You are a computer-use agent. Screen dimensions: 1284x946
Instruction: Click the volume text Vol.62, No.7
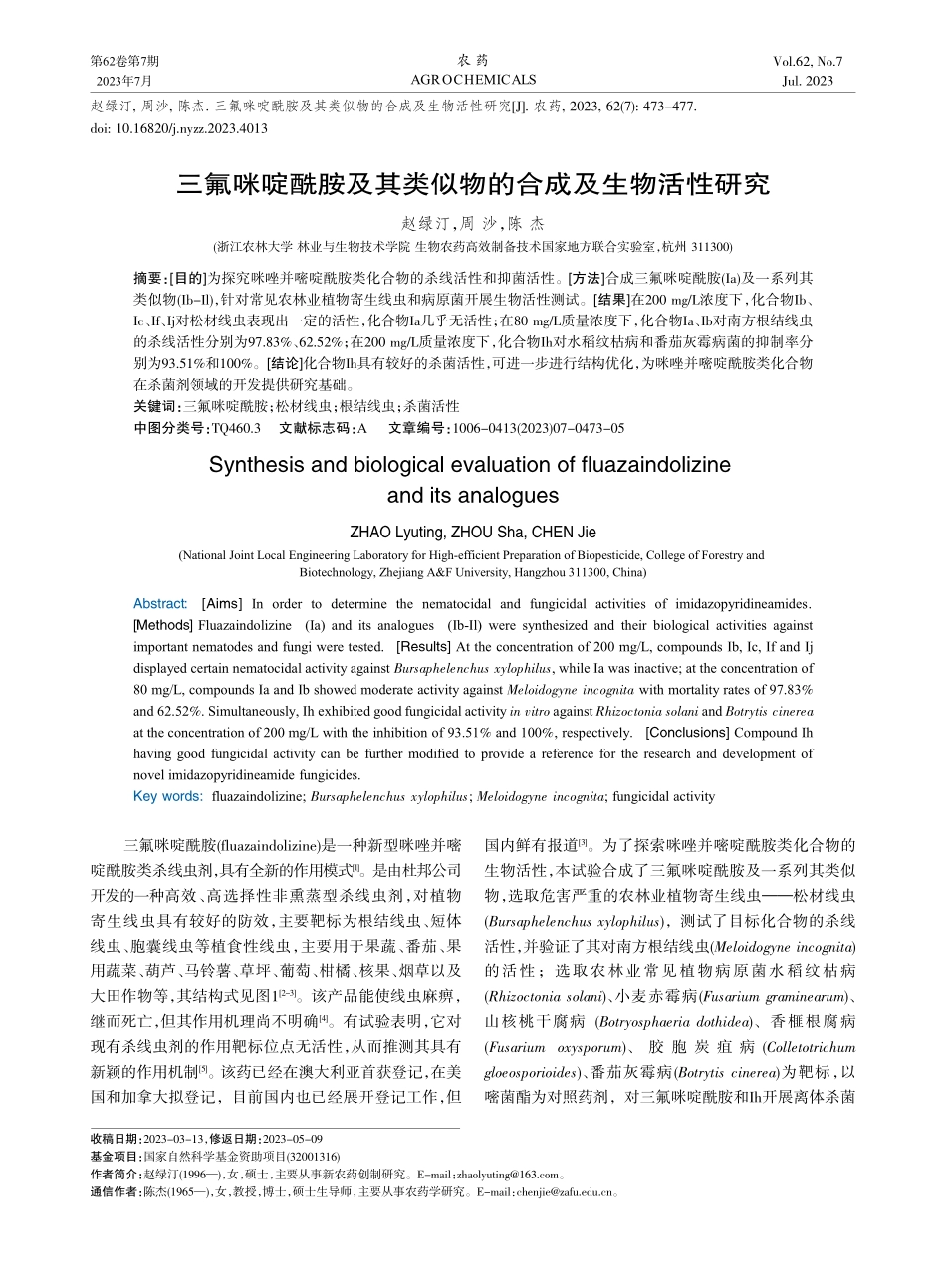click(x=808, y=62)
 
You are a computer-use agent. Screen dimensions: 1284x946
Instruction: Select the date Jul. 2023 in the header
click(x=808, y=81)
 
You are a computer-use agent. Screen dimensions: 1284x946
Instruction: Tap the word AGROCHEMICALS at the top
click(x=473, y=80)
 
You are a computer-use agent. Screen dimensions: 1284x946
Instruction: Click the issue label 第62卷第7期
click(x=124, y=62)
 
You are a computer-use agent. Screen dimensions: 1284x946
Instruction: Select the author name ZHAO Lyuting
click(x=397, y=532)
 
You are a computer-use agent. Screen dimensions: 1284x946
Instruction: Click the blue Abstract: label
click(x=159, y=604)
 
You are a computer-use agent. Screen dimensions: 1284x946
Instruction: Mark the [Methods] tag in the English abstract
click(x=163, y=625)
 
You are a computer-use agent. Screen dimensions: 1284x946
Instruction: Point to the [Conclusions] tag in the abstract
click(x=687, y=733)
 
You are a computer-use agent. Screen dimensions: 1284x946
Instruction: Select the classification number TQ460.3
click(x=236, y=427)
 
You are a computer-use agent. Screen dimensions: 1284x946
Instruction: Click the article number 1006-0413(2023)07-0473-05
click(x=539, y=427)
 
